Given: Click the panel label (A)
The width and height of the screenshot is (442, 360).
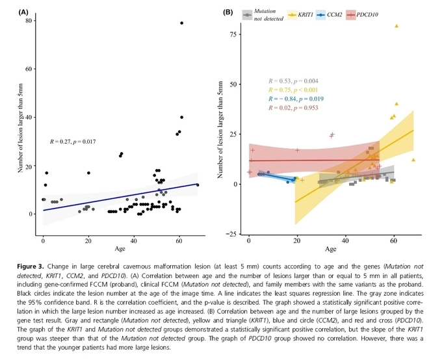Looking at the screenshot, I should [23, 12].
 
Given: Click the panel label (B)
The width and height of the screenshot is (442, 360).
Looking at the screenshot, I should [228, 12].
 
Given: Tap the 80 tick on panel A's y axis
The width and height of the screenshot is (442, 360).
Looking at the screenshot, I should [29, 21].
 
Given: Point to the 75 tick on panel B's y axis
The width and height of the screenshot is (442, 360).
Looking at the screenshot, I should [236, 32].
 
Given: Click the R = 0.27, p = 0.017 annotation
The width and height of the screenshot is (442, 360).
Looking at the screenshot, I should [73, 140].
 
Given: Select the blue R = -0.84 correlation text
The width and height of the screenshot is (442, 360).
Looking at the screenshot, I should [292, 98].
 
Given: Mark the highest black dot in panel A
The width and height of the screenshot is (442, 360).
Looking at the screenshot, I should [181, 23].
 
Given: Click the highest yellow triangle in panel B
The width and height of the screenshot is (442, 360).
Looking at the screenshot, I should [396, 26].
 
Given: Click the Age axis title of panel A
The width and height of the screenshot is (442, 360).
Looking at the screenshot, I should [120, 249].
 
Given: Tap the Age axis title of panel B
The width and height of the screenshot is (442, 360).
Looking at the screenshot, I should [330, 248].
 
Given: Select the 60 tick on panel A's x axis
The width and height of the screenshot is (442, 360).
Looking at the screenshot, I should [179, 240].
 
